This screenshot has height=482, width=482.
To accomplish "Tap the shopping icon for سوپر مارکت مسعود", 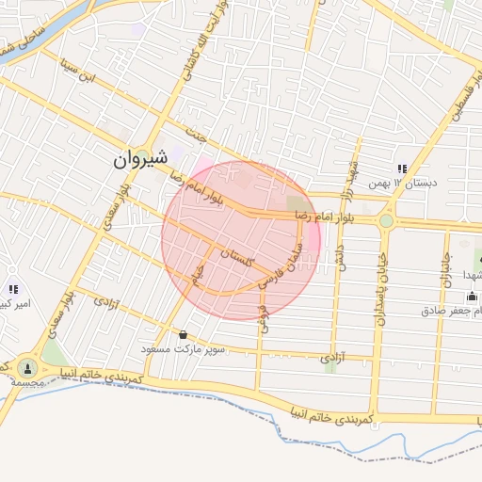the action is tap(182, 334).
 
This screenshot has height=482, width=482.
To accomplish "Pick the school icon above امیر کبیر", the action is tap(12, 289).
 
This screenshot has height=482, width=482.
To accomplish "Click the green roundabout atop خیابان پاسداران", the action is tap(386, 221).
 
